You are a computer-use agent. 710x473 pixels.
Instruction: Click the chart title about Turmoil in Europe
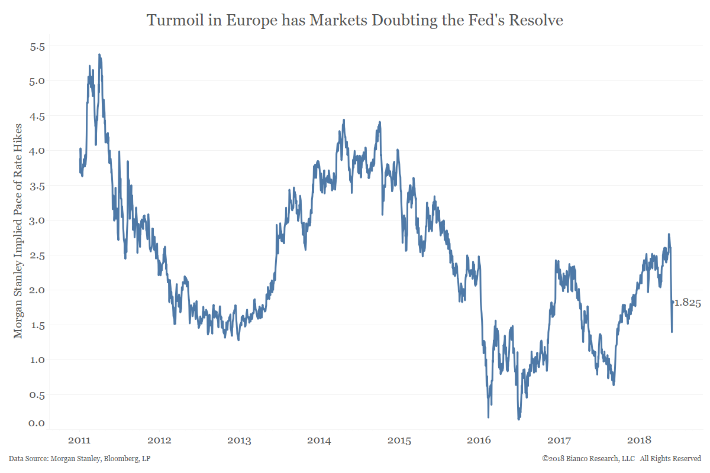(355, 21)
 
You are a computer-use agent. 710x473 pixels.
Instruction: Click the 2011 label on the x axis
(79, 440)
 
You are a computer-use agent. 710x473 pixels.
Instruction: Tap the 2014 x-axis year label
(319, 440)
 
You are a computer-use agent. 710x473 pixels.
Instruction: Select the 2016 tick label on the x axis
(479, 440)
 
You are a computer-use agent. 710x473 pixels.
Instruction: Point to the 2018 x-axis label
(639, 440)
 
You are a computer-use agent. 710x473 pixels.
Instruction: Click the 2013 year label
(239, 440)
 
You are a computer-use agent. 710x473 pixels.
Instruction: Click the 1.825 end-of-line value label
(688, 303)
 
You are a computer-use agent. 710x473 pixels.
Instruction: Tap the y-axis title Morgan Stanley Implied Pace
(18, 231)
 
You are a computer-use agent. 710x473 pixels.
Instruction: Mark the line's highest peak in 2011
(99, 54)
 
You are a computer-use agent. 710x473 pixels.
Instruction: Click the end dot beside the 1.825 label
(672, 302)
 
